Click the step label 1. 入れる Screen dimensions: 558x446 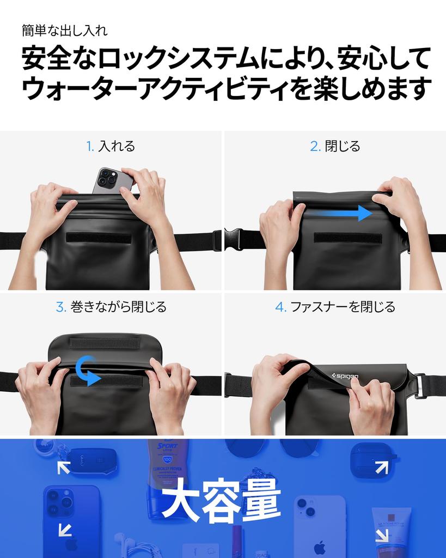pyautogui.click(x=111, y=146)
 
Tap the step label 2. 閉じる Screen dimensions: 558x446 pyautogui.click(x=335, y=146)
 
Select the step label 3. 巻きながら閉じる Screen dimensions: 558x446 pyautogui.click(x=111, y=307)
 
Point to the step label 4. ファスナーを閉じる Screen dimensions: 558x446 pyautogui.click(x=335, y=307)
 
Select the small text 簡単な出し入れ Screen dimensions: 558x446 pyautogui.click(x=65, y=31)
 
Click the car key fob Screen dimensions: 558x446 pyautogui.click(x=93, y=460)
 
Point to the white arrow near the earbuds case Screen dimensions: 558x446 pyautogui.click(x=382, y=468)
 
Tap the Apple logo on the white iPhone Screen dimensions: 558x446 pyautogui.click(x=320, y=547)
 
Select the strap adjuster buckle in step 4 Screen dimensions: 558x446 pyautogui.click(x=420, y=386)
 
